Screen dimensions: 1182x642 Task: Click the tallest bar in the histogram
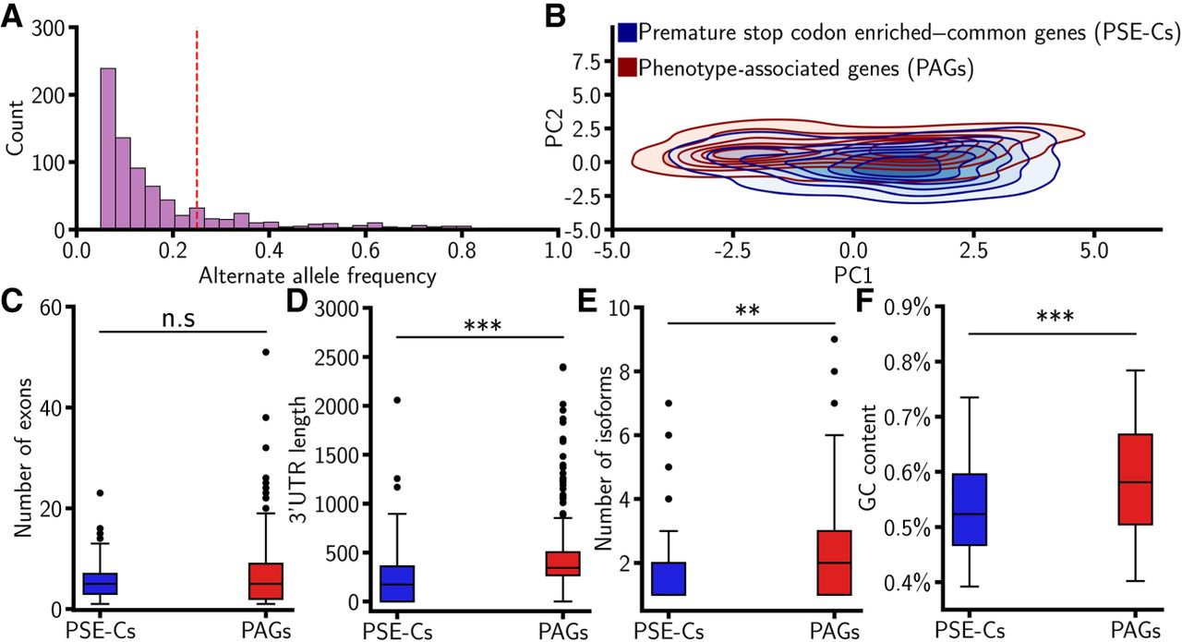tap(108, 149)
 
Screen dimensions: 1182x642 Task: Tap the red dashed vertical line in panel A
tap(197, 129)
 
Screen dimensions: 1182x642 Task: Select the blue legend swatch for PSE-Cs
tap(627, 32)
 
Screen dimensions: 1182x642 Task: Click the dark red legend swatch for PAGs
tap(627, 67)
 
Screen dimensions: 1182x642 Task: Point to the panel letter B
tap(555, 16)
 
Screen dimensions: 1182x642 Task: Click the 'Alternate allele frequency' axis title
tap(318, 275)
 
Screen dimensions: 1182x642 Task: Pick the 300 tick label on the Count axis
tap(48, 28)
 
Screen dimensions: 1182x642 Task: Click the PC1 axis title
tap(853, 275)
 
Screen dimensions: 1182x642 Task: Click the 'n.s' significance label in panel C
tap(178, 319)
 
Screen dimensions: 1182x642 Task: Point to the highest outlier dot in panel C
tap(266, 352)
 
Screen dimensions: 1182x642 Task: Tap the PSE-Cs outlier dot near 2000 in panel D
tap(397, 400)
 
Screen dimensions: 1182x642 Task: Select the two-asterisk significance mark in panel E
tap(748, 310)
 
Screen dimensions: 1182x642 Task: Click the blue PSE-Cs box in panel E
tap(669, 578)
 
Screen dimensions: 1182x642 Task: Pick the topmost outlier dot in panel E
tap(834, 339)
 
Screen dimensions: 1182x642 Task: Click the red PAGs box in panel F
tap(1135, 479)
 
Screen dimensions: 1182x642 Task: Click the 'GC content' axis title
tap(866, 458)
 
